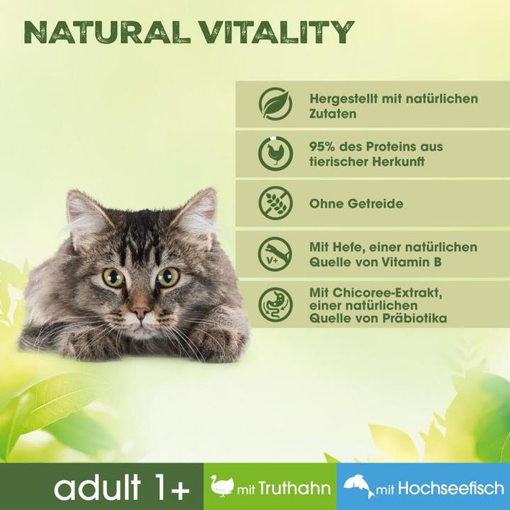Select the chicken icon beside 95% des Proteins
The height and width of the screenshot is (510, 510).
coord(275,154)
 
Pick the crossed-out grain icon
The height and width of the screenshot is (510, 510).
coord(275,203)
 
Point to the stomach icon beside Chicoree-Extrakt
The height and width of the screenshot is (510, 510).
coord(275,304)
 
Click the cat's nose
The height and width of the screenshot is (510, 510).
coord(140,312)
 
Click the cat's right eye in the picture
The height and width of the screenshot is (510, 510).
coord(168,277)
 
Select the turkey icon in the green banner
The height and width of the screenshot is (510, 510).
coord(222,487)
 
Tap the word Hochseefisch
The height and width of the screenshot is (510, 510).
coord(450,488)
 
